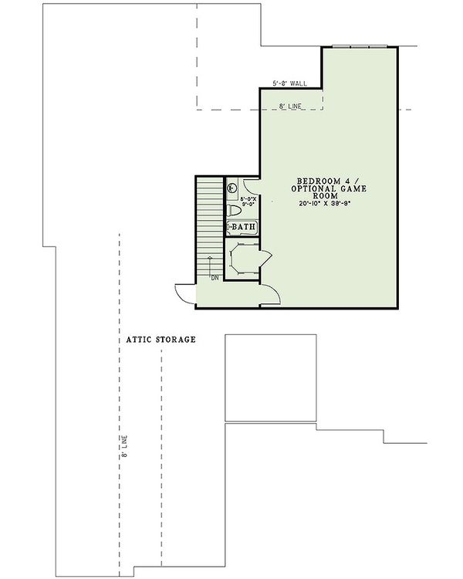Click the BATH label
click(x=242, y=227)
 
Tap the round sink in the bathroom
click(x=232, y=186)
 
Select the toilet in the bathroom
click(x=235, y=209)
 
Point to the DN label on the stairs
click(x=215, y=276)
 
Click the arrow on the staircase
click(x=210, y=262)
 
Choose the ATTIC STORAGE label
click(x=161, y=339)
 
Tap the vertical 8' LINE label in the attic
click(x=124, y=449)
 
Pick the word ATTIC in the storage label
click(x=139, y=339)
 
